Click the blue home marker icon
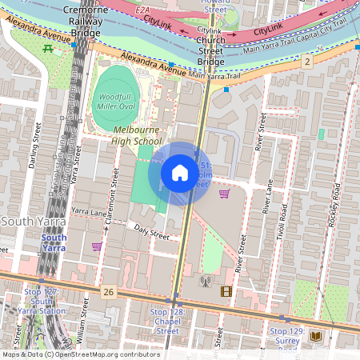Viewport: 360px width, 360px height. [180, 172]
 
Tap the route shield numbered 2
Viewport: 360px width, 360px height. [307, 62]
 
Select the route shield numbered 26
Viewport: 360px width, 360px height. [109, 292]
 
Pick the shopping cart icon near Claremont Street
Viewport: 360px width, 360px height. [97, 247]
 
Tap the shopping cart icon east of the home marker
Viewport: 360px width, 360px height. [224, 194]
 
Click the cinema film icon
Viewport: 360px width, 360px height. [226, 291]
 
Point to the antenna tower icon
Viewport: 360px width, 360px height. [204, 282]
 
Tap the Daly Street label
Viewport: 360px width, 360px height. [151, 233]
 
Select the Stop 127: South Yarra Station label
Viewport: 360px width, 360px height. [42, 303]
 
